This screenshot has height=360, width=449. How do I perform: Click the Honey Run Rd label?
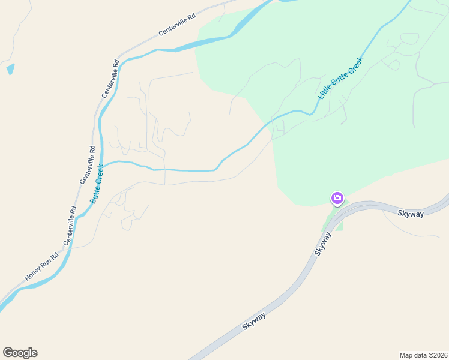coord(42,266)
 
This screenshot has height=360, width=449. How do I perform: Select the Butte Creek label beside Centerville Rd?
coord(98,183)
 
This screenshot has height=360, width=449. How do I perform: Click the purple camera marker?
coord(337,198)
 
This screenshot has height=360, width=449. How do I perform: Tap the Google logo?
coord(20,353)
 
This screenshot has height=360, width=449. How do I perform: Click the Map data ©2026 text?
coord(423,355)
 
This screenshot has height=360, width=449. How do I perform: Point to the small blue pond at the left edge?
coord(10,69)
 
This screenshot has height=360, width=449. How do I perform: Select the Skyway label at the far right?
coord(411,213)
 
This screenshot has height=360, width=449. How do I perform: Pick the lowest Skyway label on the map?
coord(255,318)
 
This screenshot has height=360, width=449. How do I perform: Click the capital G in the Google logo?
coord(8,353)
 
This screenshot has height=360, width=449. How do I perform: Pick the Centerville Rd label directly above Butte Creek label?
coord(88,164)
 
